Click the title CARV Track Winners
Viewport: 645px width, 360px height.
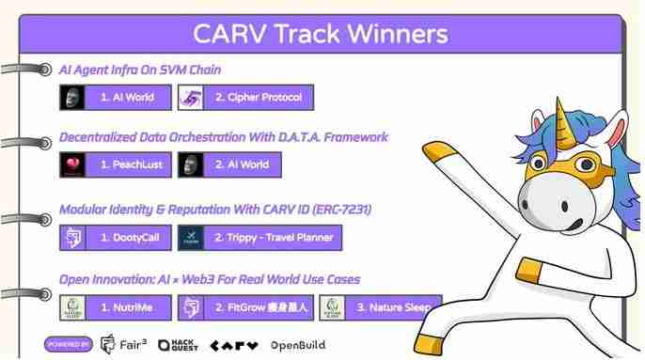(x=320, y=34)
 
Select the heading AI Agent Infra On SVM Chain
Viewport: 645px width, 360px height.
(x=140, y=70)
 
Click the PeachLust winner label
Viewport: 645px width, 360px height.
(x=130, y=164)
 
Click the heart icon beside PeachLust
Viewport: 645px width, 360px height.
(x=71, y=164)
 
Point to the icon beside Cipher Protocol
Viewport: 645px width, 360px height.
(x=192, y=97)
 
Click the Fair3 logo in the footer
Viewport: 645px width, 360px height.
(x=122, y=345)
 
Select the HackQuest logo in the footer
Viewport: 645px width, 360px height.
(x=179, y=345)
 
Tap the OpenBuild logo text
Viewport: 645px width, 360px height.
(x=297, y=345)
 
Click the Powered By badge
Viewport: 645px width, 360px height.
(x=67, y=345)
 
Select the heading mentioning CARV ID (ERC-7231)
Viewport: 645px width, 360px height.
(x=215, y=210)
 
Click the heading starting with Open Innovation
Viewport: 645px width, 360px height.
(x=209, y=279)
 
